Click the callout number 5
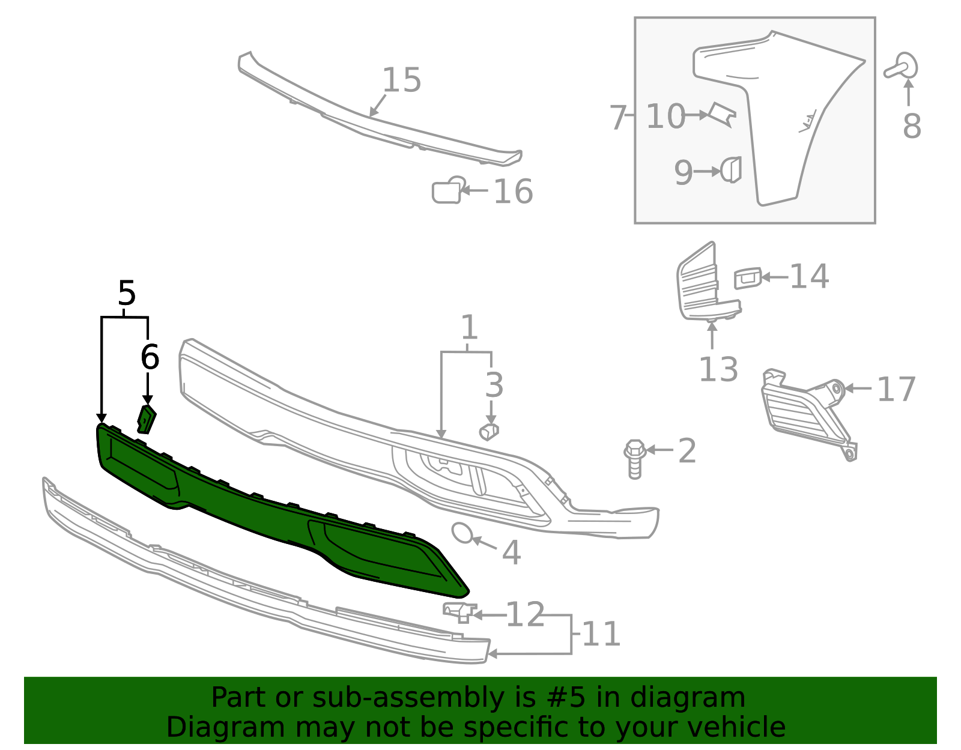coord(127,294)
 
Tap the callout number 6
coord(150,357)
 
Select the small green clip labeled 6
coord(147,419)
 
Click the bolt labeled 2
coord(634,459)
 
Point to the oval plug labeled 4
coord(462,533)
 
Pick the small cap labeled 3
coord(490,431)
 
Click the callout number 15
coord(401,80)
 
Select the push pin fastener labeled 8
coord(902,67)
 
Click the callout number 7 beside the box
coord(617,118)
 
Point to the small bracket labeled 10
coord(723,114)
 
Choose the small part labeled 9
coord(732,170)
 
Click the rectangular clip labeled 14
coord(748,279)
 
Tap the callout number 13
coord(718,369)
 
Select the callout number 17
coord(896,390)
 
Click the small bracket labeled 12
coord(459,611)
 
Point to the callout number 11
coord(601,634)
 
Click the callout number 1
coord(469,328)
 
